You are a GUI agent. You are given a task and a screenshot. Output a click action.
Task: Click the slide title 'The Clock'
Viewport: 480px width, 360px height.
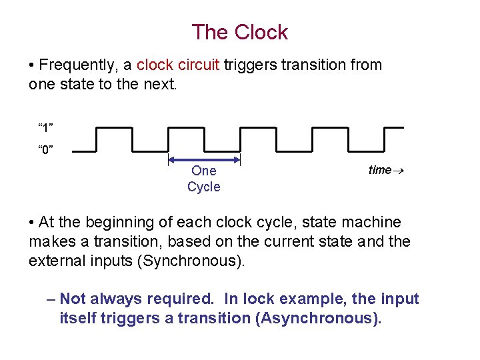coord(239,32)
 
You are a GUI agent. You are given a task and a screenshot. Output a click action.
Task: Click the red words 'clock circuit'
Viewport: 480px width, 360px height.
coord(178,65)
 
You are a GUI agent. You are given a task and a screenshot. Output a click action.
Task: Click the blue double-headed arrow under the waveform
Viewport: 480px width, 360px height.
coord(204,159)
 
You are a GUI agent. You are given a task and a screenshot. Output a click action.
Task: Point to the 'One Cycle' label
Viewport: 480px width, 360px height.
coord(204,179)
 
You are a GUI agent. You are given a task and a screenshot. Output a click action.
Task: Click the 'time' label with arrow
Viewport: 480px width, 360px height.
coord(386,170)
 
